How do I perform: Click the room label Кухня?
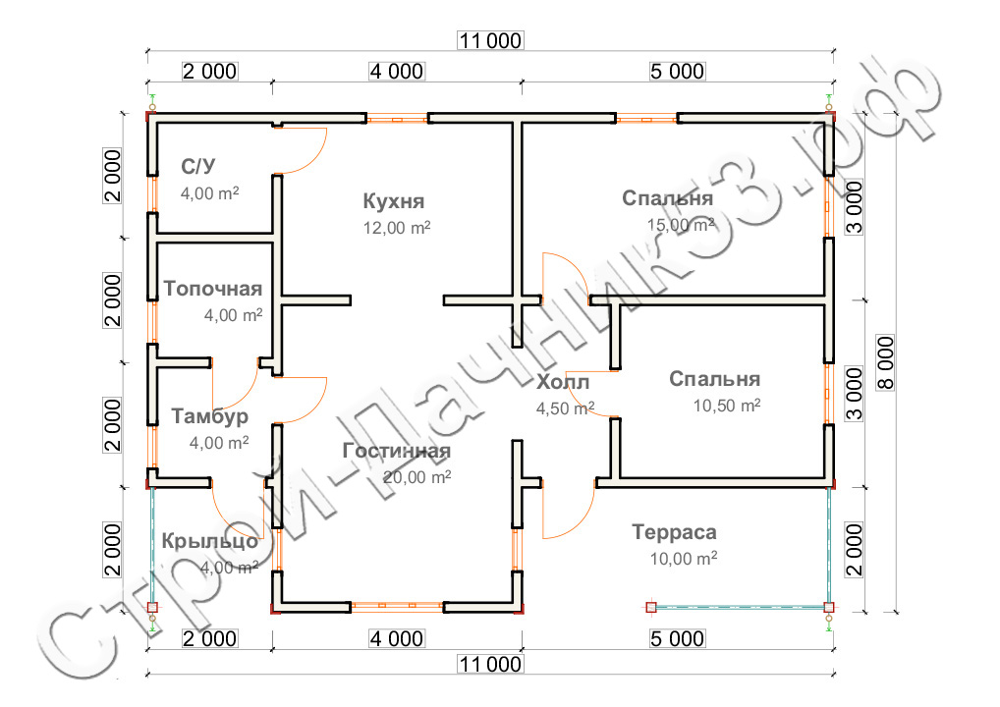394,201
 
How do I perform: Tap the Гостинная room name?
397,451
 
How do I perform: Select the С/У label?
197,166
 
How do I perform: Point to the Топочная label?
213,289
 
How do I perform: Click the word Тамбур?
210,416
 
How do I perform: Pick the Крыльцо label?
210,541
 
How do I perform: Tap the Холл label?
563,382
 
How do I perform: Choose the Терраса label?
674,531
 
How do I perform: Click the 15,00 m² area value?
681,225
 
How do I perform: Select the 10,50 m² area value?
726,406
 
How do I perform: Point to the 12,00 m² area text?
397,228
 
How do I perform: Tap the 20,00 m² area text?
417,477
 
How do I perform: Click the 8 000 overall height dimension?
886,362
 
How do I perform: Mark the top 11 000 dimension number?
490,41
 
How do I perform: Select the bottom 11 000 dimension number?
490,665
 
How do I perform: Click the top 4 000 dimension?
397,72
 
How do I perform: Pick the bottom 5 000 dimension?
677,639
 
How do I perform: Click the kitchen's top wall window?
397,119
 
